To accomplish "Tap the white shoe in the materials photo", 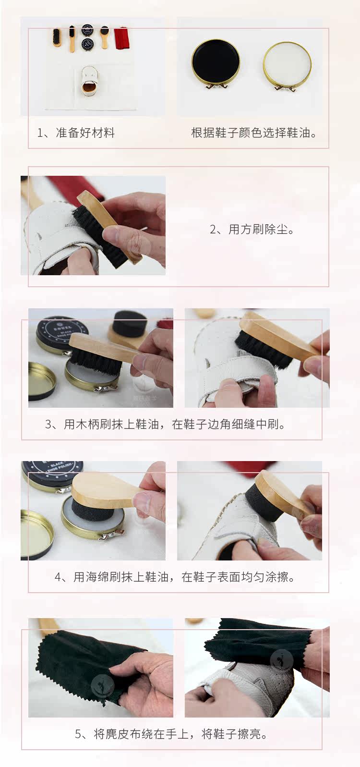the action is [89, 82].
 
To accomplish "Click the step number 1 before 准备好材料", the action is [40, 133].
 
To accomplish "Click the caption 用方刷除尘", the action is [258, 229].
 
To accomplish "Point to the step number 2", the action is [213, 229].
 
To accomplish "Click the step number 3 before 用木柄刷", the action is [48, 424].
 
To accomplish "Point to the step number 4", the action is [58, 577].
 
